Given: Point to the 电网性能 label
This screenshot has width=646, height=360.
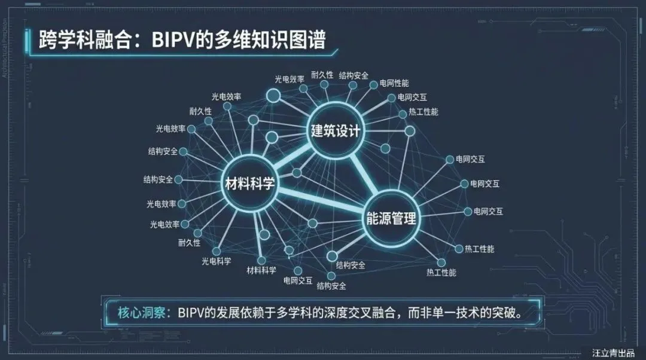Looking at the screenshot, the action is click(394, 83).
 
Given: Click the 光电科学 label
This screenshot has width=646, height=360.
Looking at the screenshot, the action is click(216, 261).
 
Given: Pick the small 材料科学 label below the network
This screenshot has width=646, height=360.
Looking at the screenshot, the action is click(261, 270).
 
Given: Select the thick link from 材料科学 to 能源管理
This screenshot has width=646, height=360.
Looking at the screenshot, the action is click(320, 200).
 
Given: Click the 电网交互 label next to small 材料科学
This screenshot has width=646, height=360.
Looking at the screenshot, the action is click(298, 280).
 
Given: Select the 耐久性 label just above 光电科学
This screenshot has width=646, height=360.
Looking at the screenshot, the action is click(189, 243).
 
